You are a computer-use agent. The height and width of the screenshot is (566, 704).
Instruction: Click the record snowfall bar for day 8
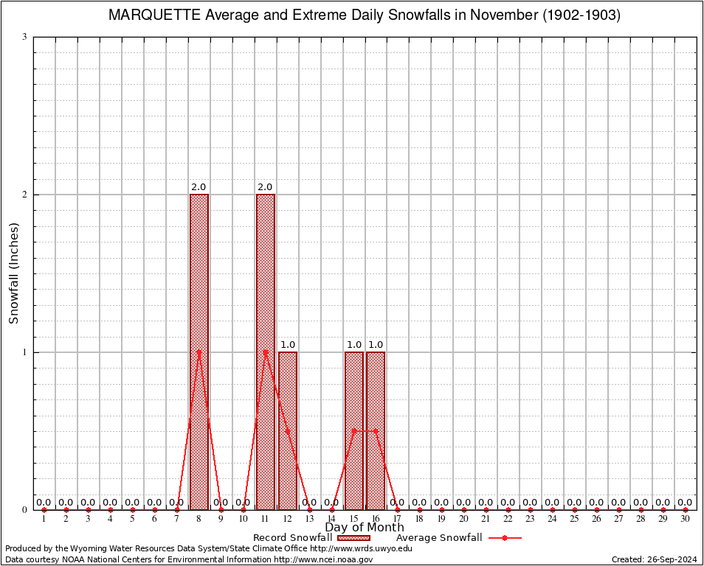pyautogui.click(x=199, y=352)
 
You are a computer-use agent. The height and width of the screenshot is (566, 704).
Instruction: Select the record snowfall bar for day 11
pyautogui.click(x=266, y=352)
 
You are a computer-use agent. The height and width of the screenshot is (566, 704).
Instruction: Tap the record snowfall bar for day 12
pyautogui.click(x=288, y=430)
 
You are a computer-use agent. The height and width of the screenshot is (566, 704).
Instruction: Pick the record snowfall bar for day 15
pyautogui.click(x=354, y=430)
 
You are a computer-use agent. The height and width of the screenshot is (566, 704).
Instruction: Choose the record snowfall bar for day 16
pyautogui.click(x=376, y=430)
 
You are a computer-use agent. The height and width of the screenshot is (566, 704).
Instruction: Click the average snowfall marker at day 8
pyautogui.click(x=199, y=352)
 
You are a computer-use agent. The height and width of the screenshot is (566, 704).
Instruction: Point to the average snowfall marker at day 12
pyautogui.click(x=288, y=430)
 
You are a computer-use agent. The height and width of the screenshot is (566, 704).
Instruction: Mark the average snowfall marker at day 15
pyautogui.click(x=354, y=430)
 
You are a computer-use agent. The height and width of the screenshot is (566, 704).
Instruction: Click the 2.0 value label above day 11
pyautogui.click(x=266, y=187)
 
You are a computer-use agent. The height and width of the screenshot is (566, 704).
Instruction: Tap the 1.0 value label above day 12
pyautogui.click(x=288, y=345)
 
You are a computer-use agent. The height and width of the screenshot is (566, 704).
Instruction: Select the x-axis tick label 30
pyautogui.click(x=685, y=520)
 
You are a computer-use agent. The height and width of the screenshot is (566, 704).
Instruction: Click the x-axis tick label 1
pyautogui.click(x=44, y=520)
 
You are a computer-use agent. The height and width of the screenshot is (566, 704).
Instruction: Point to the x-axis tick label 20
pyautogui.click(x=464, y=520)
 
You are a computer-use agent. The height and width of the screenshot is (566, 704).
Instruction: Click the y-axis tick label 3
pyautogui.click(x=24, y=37)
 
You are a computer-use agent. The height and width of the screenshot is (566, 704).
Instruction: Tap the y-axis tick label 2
pyautogui.click(x=24, y=195)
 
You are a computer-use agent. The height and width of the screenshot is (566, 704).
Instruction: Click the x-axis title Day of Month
pyautogui.click(x=365, y=528)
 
